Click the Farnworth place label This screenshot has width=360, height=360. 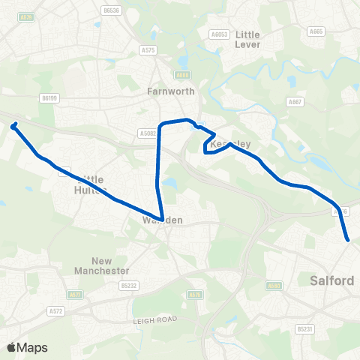[x=172, y=91]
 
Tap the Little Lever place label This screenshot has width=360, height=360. [x=247, y=40]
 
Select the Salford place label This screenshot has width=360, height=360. [x=331, y=280]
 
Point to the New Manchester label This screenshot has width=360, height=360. [x=101, y=265]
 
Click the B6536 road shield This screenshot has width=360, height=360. [x=112, y=11]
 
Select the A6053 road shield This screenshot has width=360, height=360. [x=219, y=34]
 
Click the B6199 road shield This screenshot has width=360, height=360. [x=50, y=97]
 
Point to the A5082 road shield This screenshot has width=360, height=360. [x=147, y=133]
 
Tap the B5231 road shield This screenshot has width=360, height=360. [x=304, y=328]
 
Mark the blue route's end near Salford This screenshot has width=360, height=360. [x=348, y=240]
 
